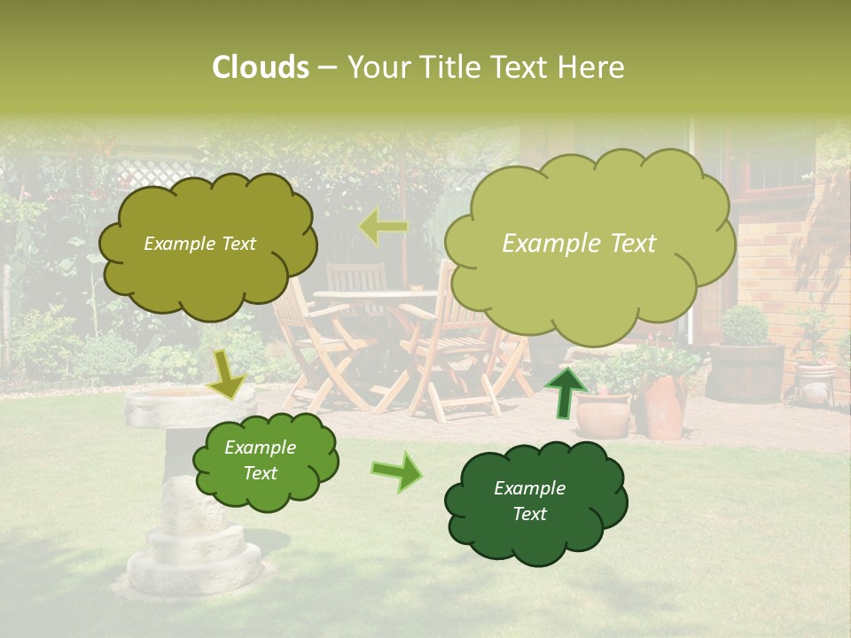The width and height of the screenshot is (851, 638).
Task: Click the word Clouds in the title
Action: click(x=261, y=67)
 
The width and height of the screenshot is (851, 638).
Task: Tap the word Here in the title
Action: click(x=591, y=67)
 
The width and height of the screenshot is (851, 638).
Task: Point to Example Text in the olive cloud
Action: click(x=199, y=244)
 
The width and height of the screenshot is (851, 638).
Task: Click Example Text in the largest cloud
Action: click(x=579, y=244)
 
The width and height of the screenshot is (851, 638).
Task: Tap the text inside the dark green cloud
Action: click(x=529, y=501)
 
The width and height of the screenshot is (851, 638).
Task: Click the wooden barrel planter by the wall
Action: click(x=746, y=372)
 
